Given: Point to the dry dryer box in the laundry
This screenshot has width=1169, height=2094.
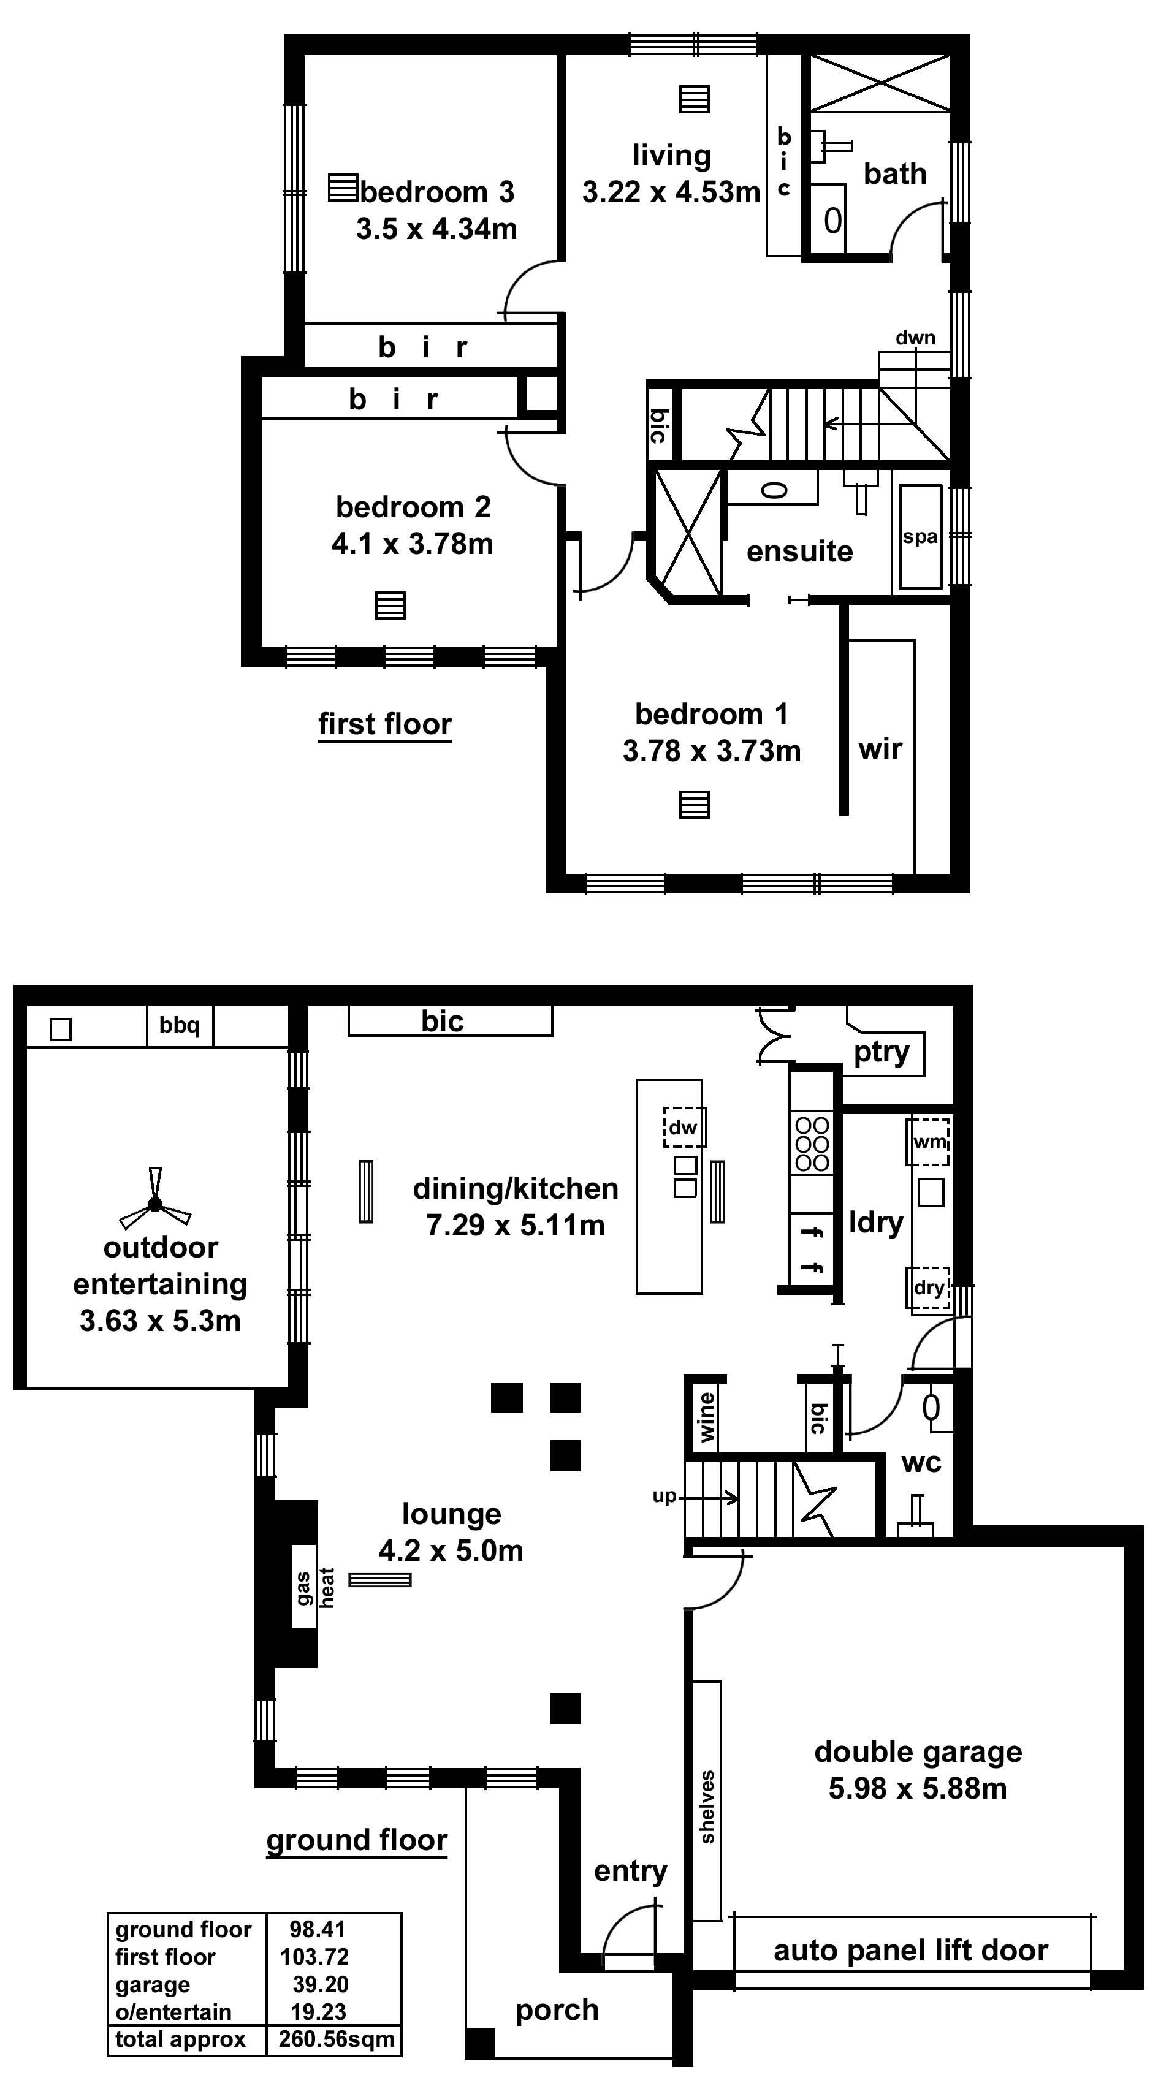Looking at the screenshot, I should click(928, 1288).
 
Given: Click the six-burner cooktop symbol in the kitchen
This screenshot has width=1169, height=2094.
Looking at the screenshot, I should click(811, 1144).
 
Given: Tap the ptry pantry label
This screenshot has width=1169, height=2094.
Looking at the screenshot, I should click(882, 1052).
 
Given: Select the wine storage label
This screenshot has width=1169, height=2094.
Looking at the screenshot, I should click(706, 1417).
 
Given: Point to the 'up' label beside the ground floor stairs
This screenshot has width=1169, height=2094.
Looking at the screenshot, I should click(664, 1497).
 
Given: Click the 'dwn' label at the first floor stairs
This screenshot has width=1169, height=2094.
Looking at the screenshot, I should click(915, 337).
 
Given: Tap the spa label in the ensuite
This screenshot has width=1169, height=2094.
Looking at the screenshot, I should click(920, 536).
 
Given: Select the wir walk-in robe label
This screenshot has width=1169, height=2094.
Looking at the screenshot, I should click(880, 748).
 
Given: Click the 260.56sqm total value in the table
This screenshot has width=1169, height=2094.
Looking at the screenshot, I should click(337, 2039).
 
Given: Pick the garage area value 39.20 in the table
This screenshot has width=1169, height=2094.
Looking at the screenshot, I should click(321, 1984).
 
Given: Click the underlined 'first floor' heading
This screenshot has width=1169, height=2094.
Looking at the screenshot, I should click(384, 724).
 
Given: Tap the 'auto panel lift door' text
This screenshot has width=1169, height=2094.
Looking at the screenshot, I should click(910, 1950).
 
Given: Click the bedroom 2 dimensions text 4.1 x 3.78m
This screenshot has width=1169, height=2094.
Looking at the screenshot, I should click(412, 543).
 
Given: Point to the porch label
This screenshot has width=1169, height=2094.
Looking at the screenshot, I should click(557, 2009).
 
